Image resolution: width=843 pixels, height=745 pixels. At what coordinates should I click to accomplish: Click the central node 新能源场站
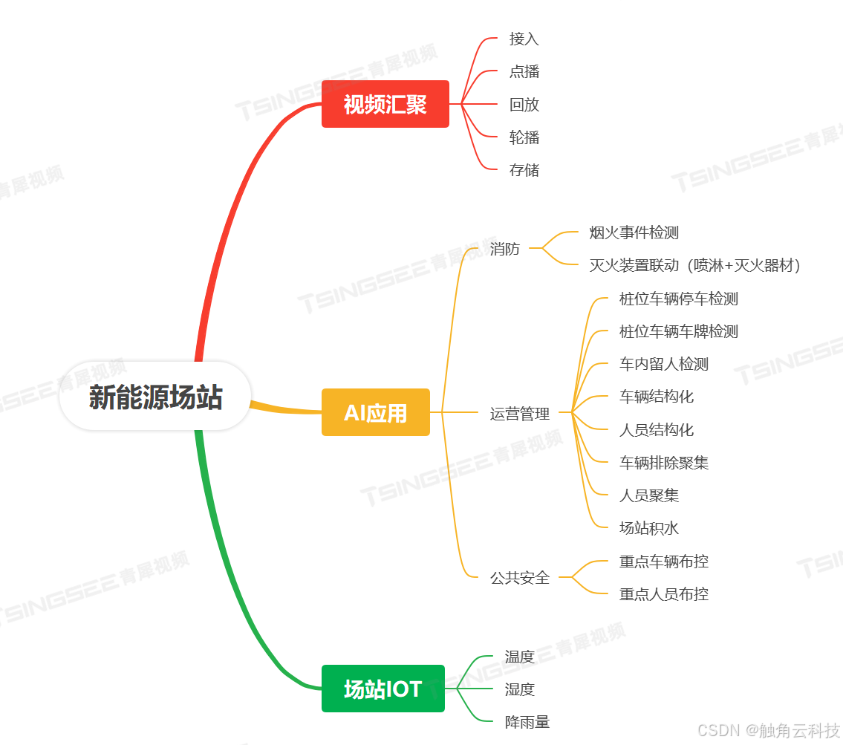155,397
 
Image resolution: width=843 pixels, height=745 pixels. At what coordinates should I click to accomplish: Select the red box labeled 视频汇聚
385,104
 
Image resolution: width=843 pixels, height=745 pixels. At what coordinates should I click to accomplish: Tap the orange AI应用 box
375,412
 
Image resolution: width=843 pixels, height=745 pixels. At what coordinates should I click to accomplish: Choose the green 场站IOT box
383,689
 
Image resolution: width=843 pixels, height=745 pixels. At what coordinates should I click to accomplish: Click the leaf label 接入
524,39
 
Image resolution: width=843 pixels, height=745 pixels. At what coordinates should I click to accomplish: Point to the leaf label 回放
524,105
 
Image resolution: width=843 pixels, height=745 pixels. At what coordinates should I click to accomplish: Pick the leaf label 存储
524,170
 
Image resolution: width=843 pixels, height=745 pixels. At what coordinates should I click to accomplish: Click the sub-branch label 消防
504,249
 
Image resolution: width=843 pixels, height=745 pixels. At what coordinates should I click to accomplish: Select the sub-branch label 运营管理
519,414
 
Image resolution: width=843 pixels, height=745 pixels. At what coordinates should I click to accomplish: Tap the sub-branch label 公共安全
519,577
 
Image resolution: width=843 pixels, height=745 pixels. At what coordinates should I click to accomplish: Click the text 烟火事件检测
634,232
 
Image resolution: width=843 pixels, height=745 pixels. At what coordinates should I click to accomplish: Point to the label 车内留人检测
663,364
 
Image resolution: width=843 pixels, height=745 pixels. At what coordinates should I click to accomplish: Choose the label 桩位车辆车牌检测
678,331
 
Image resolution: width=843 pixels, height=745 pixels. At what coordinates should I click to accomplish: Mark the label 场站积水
648,528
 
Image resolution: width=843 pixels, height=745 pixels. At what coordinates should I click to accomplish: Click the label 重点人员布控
663,593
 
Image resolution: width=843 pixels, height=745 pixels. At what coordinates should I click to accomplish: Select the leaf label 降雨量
527,722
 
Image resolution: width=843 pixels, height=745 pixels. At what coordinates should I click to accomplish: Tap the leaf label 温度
519,657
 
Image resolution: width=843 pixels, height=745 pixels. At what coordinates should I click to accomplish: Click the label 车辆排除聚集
663,463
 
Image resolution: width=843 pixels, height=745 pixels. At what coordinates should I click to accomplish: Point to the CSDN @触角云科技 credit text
769,730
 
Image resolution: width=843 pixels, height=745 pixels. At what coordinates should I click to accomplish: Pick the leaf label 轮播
524,137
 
